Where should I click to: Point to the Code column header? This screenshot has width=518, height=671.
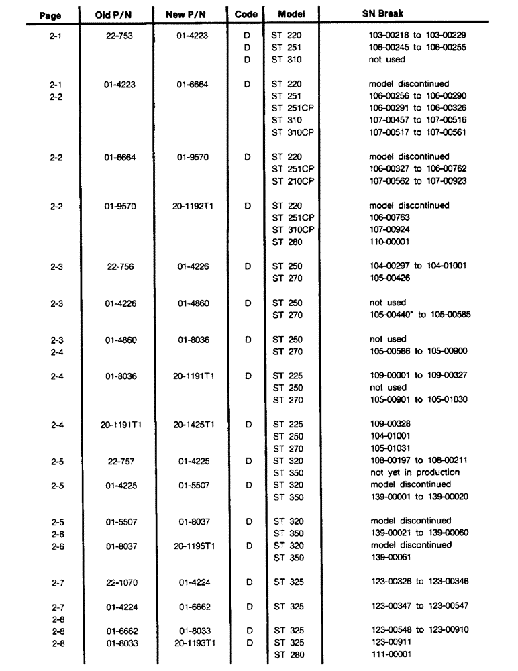point(247,13)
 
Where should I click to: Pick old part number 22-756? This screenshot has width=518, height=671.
point(121,266)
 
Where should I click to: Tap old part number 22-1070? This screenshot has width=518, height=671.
point(121,582)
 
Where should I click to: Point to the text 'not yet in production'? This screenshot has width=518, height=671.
point(410,472)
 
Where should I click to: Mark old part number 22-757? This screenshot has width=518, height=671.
point(121,460)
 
